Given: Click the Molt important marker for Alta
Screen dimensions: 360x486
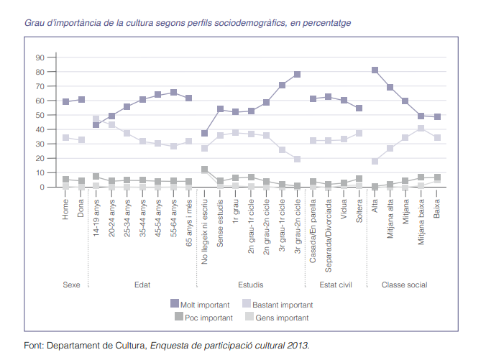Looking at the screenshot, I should (x=375, y=70).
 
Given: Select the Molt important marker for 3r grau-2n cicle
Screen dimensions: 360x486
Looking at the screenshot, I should (x=298, y=75).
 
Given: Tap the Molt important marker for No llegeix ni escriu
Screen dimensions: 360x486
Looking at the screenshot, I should (x=205, y=134).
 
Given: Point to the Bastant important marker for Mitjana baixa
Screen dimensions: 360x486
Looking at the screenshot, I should (x=421, y=129).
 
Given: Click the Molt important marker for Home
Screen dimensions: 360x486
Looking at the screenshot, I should (x=65, y=102).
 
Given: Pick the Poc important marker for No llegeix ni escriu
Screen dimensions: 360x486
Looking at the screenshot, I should (x=205, y=170).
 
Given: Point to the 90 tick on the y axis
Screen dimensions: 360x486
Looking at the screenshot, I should (x=40, y=57).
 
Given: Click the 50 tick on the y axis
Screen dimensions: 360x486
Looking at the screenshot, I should (x=40, y=115).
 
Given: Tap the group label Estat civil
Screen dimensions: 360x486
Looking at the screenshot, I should (x=336, y=285).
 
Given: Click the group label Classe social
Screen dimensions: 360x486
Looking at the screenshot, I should (x=404, y=285).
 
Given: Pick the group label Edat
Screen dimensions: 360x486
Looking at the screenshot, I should (x=142, y=285).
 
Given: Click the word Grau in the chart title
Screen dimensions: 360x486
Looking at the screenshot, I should (x=35, y=23).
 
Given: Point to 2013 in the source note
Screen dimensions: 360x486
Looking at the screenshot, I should (x=298, y=346).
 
